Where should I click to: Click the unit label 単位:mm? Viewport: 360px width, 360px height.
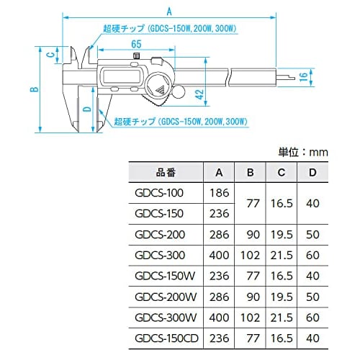click(303, 152)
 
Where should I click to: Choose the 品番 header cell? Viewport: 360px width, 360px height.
click(166, 173)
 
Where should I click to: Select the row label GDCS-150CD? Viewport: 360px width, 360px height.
click(166, 337)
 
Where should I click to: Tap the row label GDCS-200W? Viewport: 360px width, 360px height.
click(166, 296)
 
